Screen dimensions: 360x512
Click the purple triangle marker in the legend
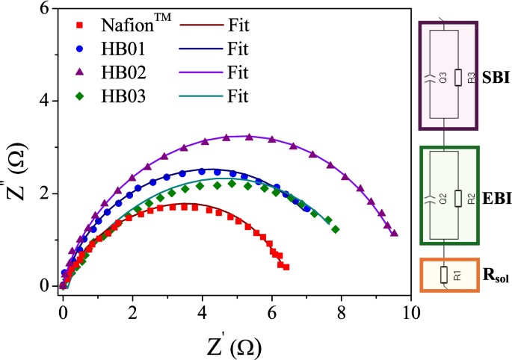point(79,72)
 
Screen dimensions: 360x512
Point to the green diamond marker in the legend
point(79,96)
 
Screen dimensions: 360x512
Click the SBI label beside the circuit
point(493,77)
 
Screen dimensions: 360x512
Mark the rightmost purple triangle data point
point(395,233)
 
